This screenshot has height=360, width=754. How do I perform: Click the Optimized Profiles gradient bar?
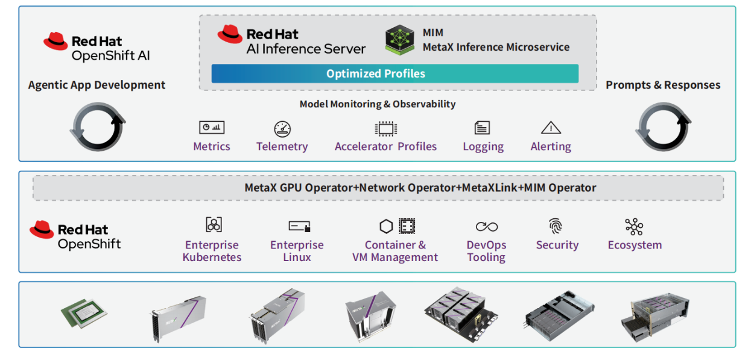[x=395, y=74]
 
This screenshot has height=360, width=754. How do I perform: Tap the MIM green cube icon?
[x=399, y=40]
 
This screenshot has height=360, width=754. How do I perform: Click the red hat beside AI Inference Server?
[x=230, y=34]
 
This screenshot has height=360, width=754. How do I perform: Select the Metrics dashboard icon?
[x=212, y=127]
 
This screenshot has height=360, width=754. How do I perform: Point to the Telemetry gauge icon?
[x=282, y=129]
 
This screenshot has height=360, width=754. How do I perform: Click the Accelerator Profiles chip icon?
[x=386, y=129]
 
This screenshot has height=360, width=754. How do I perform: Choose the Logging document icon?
[x=482, y=128]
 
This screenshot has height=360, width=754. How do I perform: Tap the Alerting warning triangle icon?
[x=551, y=127]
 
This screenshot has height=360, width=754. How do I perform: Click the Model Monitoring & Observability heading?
[x=378, y=104]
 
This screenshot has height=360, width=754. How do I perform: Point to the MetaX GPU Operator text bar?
[x=378, y=188]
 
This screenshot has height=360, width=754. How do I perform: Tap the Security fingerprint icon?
[x=556, y=226]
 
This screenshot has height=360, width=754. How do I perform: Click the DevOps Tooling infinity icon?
[x=487, y=227]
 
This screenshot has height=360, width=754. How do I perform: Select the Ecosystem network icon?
[x=634, y=227]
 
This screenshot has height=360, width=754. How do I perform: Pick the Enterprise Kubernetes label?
[x=212, y=251]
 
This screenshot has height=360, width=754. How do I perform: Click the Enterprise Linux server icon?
[x=299, y=226]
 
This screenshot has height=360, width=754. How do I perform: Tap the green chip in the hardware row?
[x=84, y=313]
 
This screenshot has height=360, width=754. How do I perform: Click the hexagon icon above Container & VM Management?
[x=386, y=226]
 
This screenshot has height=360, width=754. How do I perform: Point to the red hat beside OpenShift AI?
[x=55, y=41]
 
